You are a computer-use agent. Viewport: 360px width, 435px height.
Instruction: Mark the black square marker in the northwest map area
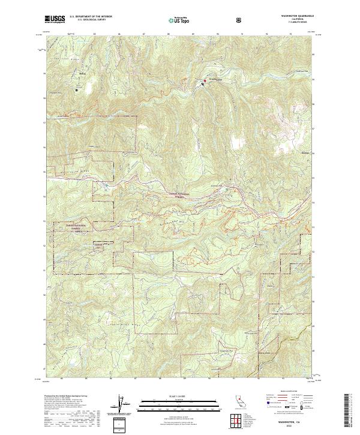[x=77, y=90]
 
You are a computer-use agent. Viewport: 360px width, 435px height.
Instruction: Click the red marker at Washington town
[x=202, y=84]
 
